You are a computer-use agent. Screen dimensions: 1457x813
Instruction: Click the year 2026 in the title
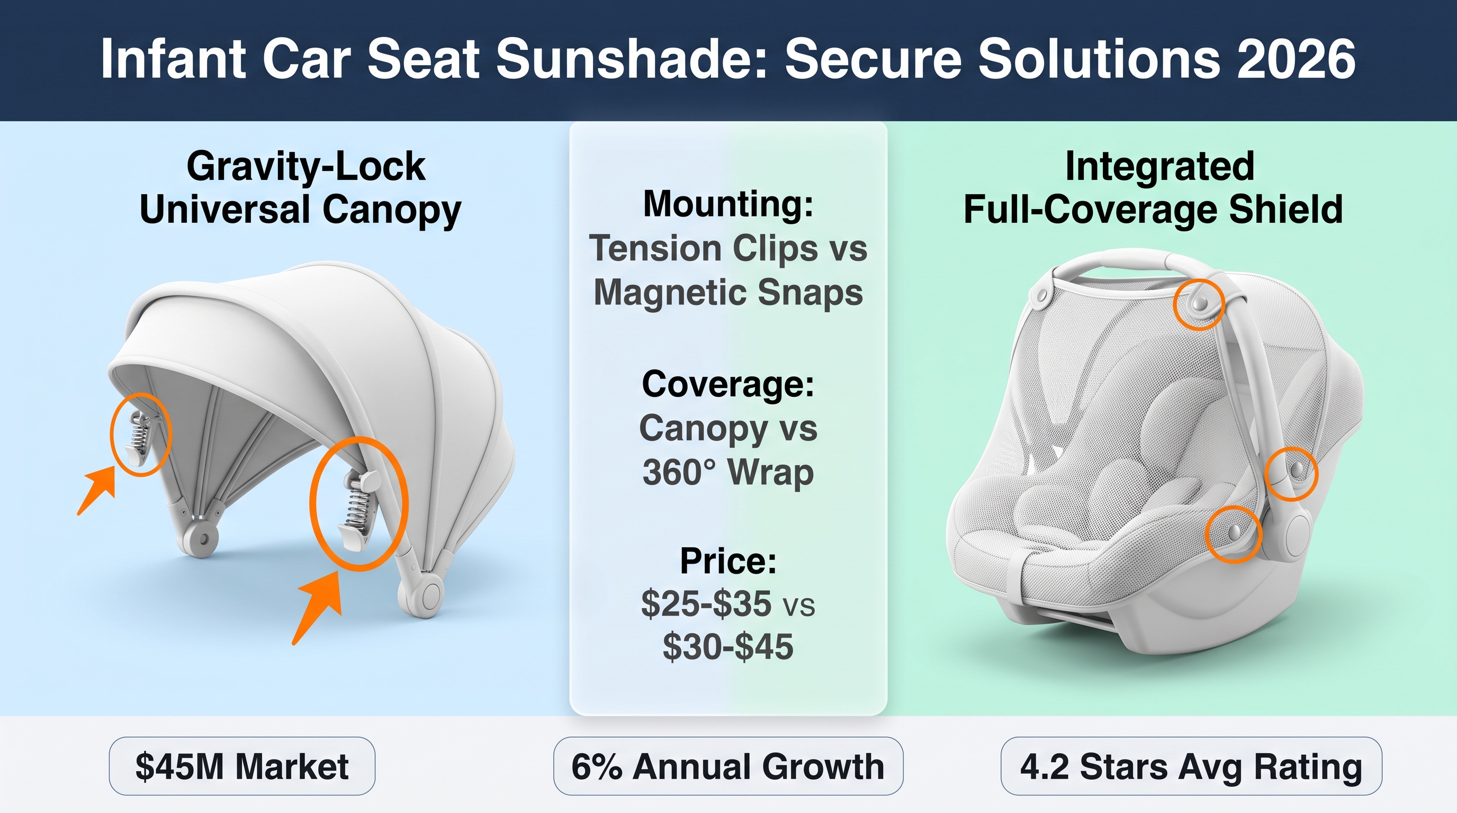click(1296, 59)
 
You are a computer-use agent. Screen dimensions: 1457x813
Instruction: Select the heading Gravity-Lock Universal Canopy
click(300, 188)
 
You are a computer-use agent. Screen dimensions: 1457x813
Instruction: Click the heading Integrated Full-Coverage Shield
click(1153, 188)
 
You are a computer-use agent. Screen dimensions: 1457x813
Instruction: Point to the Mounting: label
click(728, 204)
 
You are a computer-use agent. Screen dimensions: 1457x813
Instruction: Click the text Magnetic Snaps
click(728, 292)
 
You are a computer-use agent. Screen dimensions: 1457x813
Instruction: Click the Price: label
click(728, 561)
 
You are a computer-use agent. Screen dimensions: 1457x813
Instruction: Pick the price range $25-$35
click(706, 604)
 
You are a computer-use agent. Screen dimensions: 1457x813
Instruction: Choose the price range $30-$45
click(728, 647)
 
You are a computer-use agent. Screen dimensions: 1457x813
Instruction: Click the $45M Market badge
click(242, 766)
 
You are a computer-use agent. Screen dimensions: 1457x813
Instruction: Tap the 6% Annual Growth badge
click(728, 766)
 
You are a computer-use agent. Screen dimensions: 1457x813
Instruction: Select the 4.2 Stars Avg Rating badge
click(1191, 766)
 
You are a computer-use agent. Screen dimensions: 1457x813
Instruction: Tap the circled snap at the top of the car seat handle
click(1199, 304)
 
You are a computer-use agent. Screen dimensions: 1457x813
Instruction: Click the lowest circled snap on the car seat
click(1234, 532)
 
